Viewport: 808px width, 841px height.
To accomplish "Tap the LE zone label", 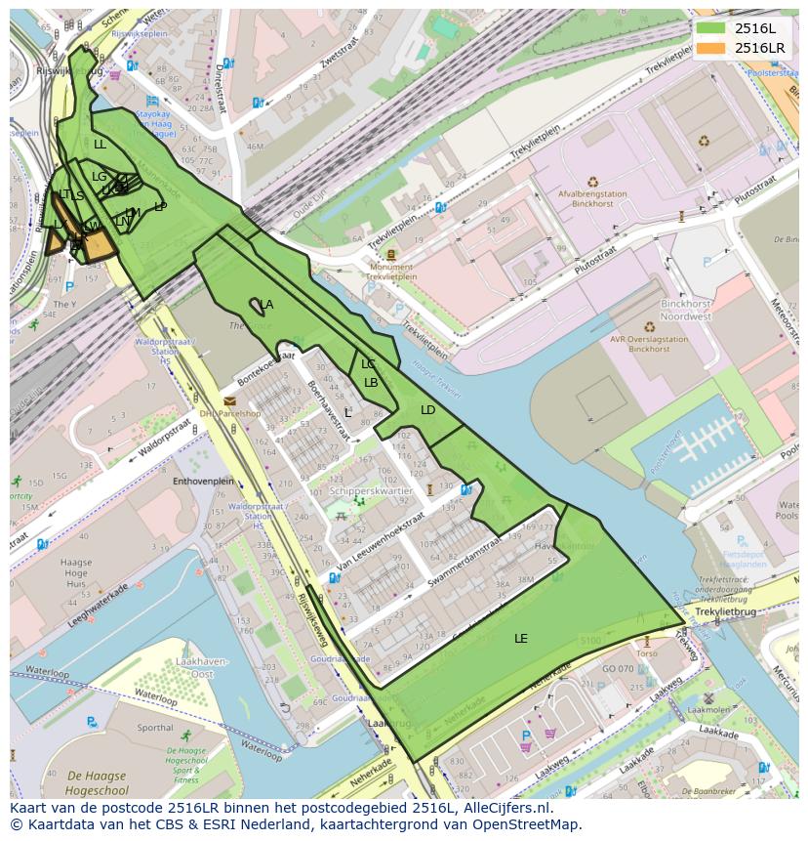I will pos(521,638).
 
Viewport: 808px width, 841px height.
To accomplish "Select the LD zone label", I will pos(427,410).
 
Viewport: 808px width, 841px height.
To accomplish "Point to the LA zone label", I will pos(266,305).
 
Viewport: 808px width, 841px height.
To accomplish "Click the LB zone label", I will pos(371,383).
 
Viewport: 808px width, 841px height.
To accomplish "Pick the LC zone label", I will pos(368,364).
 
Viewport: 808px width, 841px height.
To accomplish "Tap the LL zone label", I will pos(100,144).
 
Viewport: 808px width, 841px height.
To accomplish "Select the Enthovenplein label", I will pos(203,481).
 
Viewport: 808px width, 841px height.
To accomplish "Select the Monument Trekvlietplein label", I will pos(390,272).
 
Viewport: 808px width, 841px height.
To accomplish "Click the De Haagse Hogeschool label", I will pos(102,782).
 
